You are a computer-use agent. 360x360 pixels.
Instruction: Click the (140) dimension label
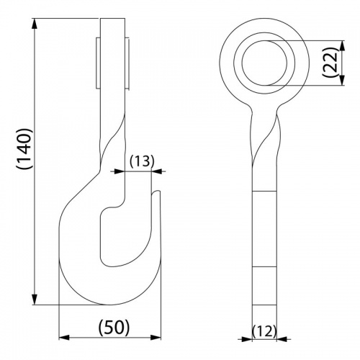coord(24,149)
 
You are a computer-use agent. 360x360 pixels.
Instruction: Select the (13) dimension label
coord(142,161)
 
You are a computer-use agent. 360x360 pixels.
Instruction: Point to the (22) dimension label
coord(330,63)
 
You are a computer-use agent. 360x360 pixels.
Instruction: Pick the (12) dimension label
coord(264,332)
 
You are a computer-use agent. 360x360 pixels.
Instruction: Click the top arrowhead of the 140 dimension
coord(35,24)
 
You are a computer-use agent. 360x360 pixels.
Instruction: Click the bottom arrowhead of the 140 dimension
coord(35,299)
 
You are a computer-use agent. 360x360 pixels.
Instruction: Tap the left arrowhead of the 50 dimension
coord(64,338)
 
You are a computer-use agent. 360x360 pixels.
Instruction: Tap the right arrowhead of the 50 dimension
coord(156,338)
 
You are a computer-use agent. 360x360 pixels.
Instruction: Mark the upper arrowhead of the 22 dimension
coord(343,45)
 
